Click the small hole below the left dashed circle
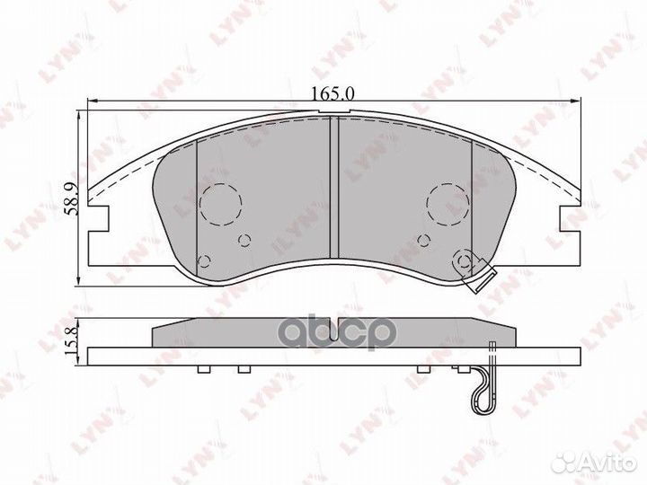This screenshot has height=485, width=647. tap(244, 240)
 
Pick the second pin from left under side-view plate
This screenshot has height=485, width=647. tap(242, 368)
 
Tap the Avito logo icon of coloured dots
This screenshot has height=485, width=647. tap(567, 463)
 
